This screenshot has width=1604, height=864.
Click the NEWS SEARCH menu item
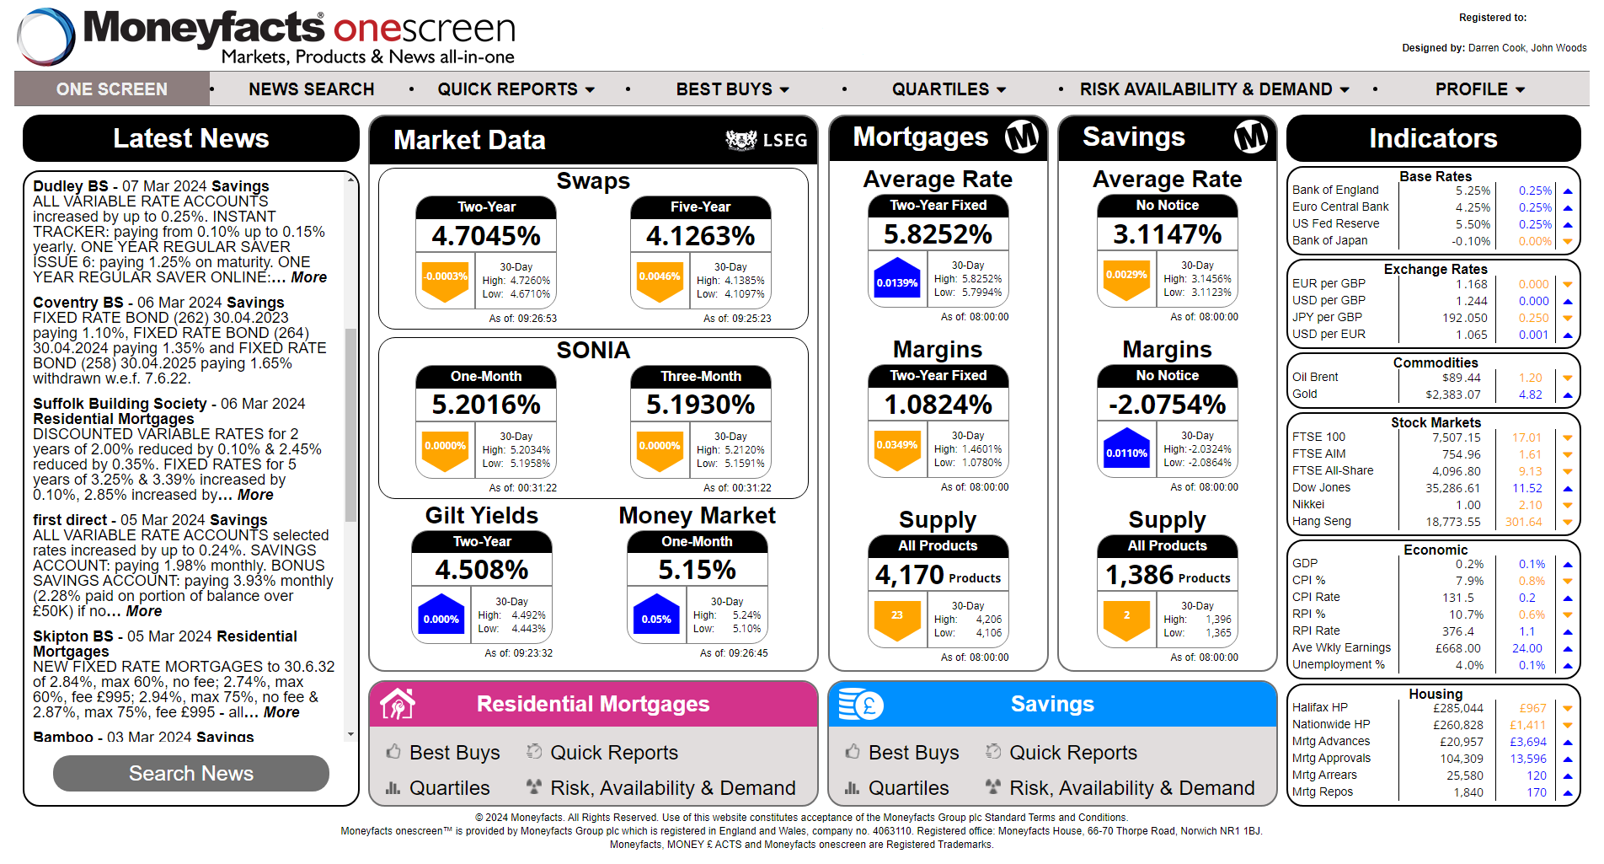point(311,89)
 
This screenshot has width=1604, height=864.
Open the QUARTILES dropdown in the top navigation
point(949,89)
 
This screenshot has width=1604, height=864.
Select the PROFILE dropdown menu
point(1479,89)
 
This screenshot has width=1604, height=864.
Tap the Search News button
point(191,773)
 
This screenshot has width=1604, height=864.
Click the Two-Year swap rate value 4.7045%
point(486,236)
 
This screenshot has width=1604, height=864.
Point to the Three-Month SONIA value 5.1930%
point(700,405)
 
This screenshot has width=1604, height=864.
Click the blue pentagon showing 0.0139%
point(896,282)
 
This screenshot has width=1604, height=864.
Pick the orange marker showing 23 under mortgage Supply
point(896,617)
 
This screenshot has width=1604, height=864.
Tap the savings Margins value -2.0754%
point(1167,405)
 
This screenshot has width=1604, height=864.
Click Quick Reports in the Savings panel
point(1072,753)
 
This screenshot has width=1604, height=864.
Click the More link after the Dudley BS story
point(308,277)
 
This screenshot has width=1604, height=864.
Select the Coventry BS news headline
point(158,303)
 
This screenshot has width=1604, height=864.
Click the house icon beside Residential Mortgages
point(398,704)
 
